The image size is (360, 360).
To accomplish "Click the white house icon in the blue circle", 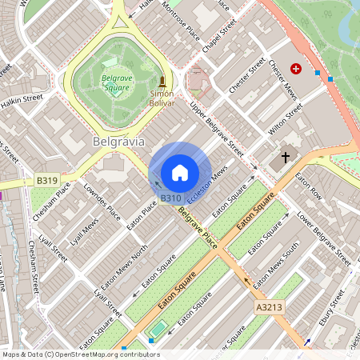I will [180, 173].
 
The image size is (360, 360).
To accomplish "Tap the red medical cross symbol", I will [296, 70].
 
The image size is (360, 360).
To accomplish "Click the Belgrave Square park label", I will [117, 83].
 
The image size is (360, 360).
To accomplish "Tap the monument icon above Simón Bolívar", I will [162, 81].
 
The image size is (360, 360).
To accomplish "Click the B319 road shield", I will [47, 182].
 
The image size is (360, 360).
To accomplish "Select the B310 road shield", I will [170, 198].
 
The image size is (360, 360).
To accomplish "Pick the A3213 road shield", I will [269, 307].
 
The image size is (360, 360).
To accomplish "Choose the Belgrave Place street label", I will [197, 227].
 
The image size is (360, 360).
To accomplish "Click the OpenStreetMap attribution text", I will [80, 354].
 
